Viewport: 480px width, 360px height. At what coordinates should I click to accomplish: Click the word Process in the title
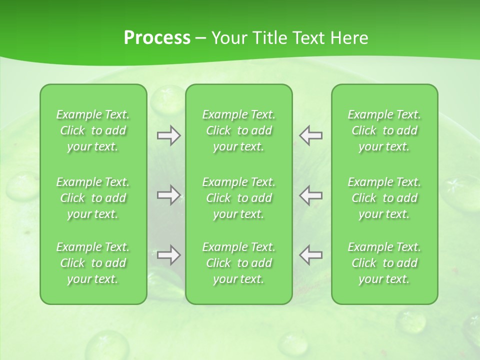tap(157, 38)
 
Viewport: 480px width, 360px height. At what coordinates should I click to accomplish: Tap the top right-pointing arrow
tap(168, 135)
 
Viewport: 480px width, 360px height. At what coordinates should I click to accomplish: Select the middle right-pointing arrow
tap(168, 195)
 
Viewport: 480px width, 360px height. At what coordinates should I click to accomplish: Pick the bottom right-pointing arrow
tap(168, 255)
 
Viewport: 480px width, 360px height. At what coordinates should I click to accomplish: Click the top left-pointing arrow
tap(310, 135)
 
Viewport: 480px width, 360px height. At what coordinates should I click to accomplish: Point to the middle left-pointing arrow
tap(310, 195)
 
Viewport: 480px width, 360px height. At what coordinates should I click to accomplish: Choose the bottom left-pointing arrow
tap(310, 255)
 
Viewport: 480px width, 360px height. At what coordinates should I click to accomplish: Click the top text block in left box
tap(93, 130)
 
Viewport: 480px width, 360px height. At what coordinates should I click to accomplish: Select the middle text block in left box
tap(93, 198)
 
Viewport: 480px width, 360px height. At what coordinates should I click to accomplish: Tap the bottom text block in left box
tap(93, 263)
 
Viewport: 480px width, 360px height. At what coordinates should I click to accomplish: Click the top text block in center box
tap(238, 130)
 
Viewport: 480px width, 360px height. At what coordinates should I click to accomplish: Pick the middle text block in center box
tap(238, 198)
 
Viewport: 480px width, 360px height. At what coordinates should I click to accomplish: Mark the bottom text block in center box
tap(238, 263)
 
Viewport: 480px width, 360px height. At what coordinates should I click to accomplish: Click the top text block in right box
tap(384, 130)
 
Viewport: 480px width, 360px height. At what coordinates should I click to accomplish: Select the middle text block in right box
tap(384, 198)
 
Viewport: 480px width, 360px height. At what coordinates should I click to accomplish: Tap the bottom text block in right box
tap(384, 263)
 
